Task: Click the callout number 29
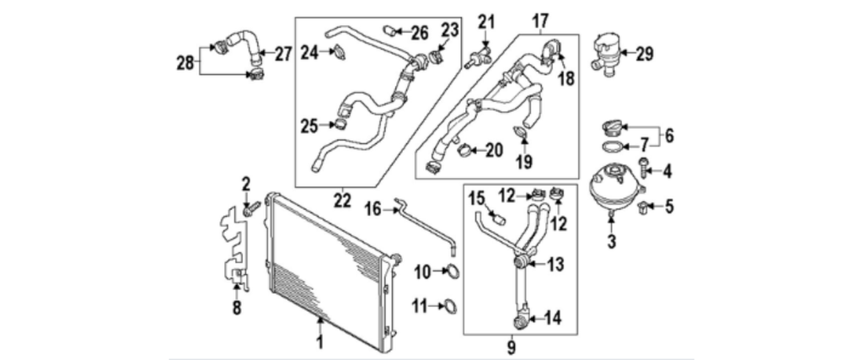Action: (645, 55)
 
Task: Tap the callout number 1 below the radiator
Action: (319, 342)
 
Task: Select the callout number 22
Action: (341, 200)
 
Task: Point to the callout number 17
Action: (540, 19)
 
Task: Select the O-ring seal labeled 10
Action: (454, 271)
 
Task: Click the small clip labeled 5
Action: (644, 205)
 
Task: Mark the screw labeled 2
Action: (249, 206)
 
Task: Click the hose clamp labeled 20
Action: (463, 152)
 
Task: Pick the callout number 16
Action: (373, 207)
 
